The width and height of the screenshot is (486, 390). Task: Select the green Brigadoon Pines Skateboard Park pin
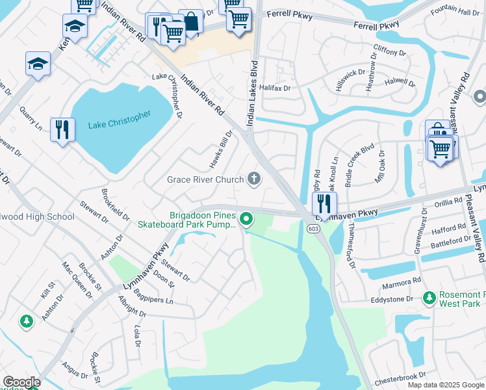tap(246, 220)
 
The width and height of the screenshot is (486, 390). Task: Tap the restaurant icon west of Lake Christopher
tap(62, 129)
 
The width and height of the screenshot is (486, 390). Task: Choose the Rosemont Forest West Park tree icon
tap(428, 298)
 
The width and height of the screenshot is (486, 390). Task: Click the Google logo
tap(21, 383)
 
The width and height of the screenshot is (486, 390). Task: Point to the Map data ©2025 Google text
tap(446, 385)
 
